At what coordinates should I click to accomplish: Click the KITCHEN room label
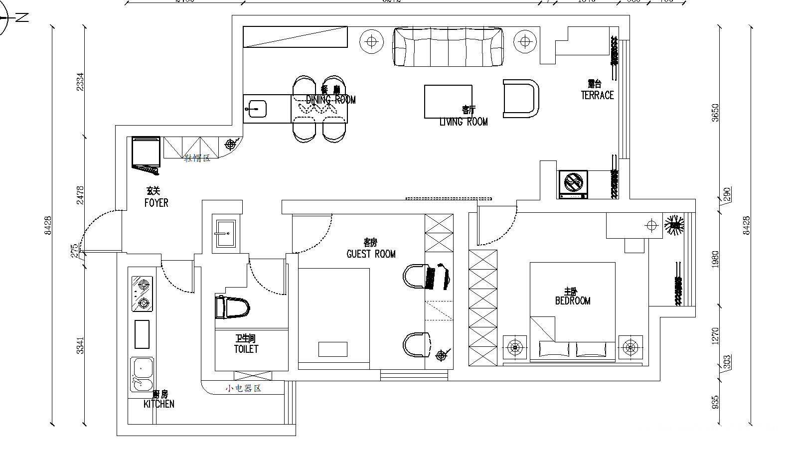click(x=159, y=404)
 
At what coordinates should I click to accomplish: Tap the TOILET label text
click(x=246, y=349)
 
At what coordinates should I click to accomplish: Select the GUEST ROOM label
click(x=371, y=254)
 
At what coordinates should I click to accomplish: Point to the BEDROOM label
click(x=573, y=301)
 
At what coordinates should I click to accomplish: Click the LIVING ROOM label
click(x=464, y=122)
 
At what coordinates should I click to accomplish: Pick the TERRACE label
click(x=597, y=95)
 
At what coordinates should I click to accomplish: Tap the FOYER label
click(x=156, y=203)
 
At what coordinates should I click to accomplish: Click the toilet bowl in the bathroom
click(x=232, y=307)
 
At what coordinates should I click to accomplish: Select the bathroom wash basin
click(x=226, y=232)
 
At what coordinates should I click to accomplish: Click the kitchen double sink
click(x=142, y=374)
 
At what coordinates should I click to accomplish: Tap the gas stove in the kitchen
click(x=142, y=294)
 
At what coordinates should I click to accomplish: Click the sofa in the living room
click(x=448, y=47)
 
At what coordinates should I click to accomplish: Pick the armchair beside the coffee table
click(x=521, y=99)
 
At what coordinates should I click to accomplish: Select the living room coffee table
click(x=448, y=101)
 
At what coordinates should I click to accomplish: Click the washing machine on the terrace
click(x=573, y=183)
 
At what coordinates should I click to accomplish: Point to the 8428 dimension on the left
click(x=48, y=225)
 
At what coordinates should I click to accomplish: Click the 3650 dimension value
click(x=715, y=113)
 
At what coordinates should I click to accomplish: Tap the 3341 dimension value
click(x=80, y=345)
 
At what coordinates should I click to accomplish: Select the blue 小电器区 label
click(x=243, y=388)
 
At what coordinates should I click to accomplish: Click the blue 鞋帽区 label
click(x=197, y=158)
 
